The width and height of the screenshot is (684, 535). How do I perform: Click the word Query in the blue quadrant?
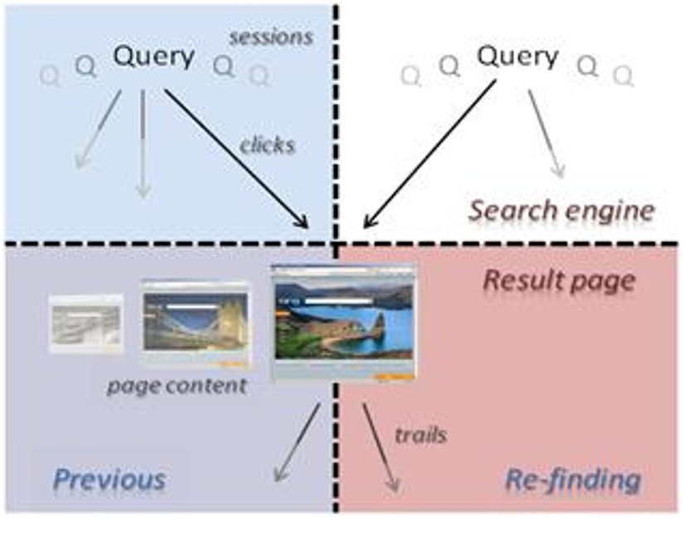(153, 57)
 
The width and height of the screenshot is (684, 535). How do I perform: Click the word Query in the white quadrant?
(517, 57)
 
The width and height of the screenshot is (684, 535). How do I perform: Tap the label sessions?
(272, 36)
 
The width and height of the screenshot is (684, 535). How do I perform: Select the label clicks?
(267, 144)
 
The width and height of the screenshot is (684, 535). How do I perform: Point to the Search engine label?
(560, 211)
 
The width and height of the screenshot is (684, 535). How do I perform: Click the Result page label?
(558, 280)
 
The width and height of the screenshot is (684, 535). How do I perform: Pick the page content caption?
(176, 386)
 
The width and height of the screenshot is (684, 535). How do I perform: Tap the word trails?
(420, 434)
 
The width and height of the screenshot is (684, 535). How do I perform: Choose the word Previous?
(109, 479)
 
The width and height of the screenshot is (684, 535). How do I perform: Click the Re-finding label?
(572, 479)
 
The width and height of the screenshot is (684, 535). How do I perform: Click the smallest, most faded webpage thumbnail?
(85, 323)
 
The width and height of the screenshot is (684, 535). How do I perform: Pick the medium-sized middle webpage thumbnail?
(195, 323)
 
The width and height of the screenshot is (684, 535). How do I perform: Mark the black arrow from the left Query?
(235, 157)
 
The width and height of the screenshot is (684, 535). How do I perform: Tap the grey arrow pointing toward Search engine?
(547, 133)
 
